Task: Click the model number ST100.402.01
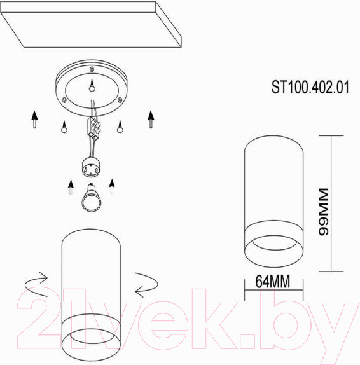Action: click(310, 87)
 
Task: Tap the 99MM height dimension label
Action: click(324, 212)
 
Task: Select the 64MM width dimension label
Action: click(273, 281)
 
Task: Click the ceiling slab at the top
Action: click(91, 24)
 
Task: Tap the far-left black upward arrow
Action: click(34, 119)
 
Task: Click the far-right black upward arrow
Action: click(151, 119)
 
